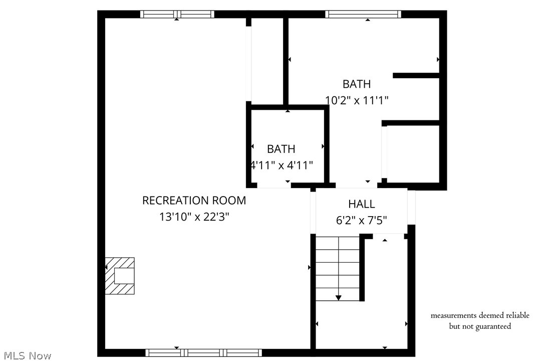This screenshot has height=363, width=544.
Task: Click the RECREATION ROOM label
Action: point(194,201)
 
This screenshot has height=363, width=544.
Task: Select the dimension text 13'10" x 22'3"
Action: point(194,217)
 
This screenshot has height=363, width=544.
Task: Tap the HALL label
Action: point(361,204)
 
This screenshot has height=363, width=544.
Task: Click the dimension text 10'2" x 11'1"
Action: point(357,100)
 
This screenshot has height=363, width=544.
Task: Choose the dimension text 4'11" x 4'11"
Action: point(282,165)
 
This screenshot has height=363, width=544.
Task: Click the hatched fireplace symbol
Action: point(120,276)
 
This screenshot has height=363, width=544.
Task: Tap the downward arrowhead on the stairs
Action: point(338,298)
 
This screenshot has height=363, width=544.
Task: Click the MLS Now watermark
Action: point(26,355)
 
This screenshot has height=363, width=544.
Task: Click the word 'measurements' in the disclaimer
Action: point(453,315)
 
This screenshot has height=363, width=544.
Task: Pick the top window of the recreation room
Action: point(177,14)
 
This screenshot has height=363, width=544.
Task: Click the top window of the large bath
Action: point(363,14)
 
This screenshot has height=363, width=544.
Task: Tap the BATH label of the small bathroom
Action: point(281,149)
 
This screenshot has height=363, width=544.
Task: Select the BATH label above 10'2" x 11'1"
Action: point(357,84)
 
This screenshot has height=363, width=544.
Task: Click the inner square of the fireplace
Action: point(124,276)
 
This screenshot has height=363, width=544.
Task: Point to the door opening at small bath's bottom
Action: point(274,185)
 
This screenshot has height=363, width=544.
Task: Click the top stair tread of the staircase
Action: point(338,243)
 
